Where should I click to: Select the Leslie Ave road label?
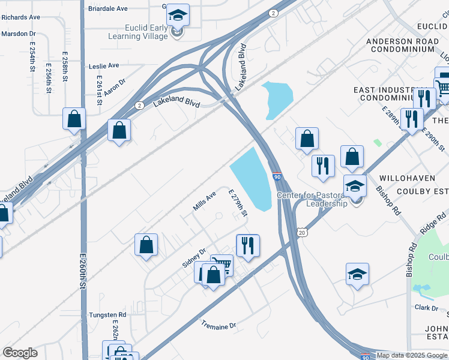(x=104, y=65)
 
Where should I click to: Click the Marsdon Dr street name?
(x=19, y=34)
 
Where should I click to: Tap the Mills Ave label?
(x=204, y=202)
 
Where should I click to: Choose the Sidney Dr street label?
(x=194, y=258)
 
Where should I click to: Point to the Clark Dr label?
(x=426, y=308)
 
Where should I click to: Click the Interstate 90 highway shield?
(x=276, y=178)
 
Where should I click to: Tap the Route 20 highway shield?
(x=301, y=232)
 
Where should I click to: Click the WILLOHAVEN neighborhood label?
(x=402, y=179)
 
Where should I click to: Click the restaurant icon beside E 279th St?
(x=247, y=245)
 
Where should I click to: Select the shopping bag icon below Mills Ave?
(x=146, y=244)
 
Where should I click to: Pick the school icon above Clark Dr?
(x=357, y=274)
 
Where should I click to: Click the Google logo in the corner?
(x=20, y=353)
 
